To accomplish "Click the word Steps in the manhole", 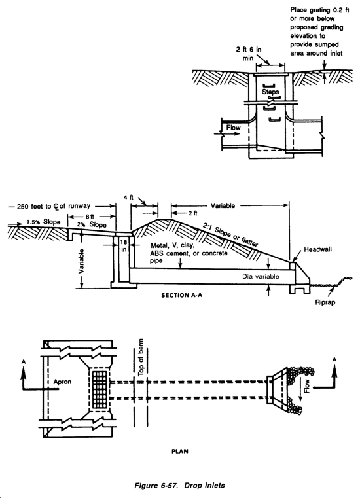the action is (x=270, y=92).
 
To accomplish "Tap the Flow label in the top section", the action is (x=233, y=128).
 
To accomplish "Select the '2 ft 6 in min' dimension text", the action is (x=249, y=54).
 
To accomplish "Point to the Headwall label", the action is (x=317, y=249).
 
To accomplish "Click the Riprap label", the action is (x=325, y=302).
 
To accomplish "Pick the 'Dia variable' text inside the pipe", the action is (x=261, y=276).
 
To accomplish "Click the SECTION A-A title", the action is (x=181, y=295).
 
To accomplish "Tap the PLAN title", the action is (x=180, y=451).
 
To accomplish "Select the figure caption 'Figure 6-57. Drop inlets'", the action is (x=179, y=486).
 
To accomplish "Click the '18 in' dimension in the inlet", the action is (x=124, y=245).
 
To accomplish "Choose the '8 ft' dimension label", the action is (x=90, y=217).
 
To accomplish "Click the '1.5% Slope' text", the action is (x=43, y=222).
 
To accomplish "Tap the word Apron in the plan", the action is (x=62, y=382).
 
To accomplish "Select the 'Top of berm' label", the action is (x=141, y=357).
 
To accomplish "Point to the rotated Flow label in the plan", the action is (x=307, y=386).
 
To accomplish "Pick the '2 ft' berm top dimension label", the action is (x=192, y=213).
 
